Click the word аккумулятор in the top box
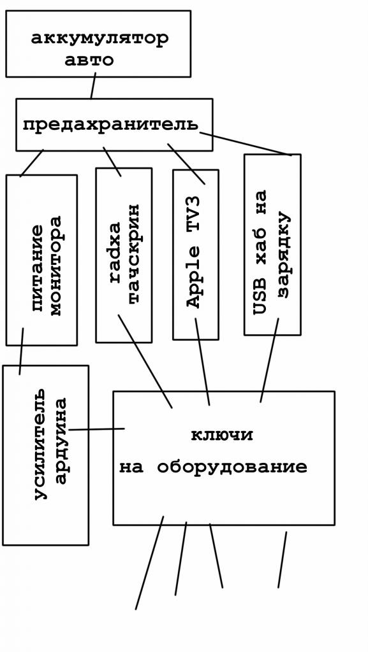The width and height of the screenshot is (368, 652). pyautogui.click(x=100, y=39)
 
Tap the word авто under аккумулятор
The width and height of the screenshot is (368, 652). pyautogui.click(x=89, y=60)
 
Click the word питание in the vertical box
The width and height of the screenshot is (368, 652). pyautogui.click(x=38, y=268)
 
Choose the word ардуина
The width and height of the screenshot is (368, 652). pyautogui.click(x=61, y=442)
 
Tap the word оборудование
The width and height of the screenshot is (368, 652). pyautogui.click(x=232, y=467)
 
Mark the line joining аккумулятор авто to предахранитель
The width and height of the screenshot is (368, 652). pyautogui.click(x=93, y=86)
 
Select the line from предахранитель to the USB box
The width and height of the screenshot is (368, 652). pyautogui.click(x=245, y=144)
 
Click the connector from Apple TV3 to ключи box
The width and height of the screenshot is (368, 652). pyautogui.click(x=202, y=362)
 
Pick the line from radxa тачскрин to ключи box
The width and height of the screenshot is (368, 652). pyautogui.click(x=145, y=361)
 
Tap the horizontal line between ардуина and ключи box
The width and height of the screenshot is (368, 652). pyautogui.click(x=97, y=429)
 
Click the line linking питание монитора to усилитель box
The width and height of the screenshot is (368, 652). pyautogui.click(x=21, y=351)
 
